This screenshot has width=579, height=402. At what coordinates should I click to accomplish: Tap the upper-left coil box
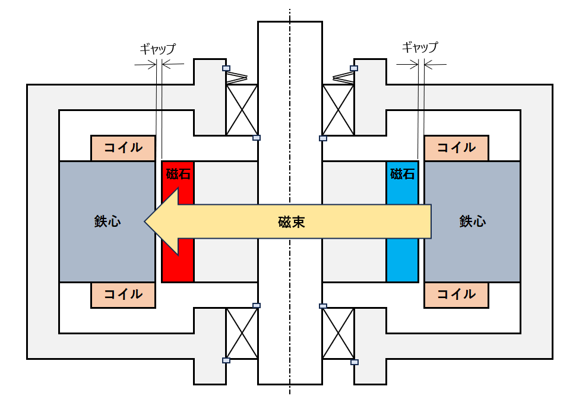(x=123, y=148)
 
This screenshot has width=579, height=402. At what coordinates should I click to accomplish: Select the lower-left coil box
(x=123, y=295)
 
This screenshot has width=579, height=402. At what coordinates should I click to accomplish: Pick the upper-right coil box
(x=457, y=148)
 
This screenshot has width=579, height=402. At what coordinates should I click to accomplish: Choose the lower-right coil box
(x=457, y=295)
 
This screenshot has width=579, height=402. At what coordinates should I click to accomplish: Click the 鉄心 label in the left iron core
(x=107, y=221)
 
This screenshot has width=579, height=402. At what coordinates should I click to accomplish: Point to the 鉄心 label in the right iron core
(x=473, y=221)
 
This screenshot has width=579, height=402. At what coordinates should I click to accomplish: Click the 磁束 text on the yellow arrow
(x=292, y=222)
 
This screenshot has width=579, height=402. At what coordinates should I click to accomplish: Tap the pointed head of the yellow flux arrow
(x=145, y=221)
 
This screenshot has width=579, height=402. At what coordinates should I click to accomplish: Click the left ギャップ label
(x=158, y=49)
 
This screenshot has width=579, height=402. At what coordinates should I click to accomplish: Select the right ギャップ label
(x=420, y=48)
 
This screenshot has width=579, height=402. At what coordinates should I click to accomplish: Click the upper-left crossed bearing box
(x=242, y=110)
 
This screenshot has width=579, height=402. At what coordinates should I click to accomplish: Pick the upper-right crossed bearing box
(x=338, y=110)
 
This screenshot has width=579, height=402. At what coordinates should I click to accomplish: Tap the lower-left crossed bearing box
(x=242, y=333)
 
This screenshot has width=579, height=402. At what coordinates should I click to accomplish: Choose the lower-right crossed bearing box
(x=338, y=333)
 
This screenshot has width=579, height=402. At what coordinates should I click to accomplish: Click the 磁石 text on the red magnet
(x=178, y=174)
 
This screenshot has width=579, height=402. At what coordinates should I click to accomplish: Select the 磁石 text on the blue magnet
(x=403, y=174)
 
